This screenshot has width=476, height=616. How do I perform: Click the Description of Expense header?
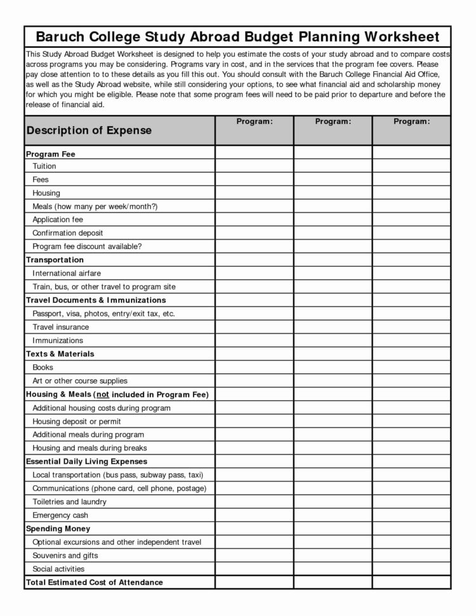(x=89, y=130)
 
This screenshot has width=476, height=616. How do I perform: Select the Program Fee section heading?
(x=51, y=154)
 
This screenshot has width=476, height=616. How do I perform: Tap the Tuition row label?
(x=44, y=166)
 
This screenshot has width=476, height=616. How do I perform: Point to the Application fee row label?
(x=58, y=220)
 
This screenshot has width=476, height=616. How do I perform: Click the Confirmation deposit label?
(x=68, y=233)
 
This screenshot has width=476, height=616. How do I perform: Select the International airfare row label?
(x=67, y=273)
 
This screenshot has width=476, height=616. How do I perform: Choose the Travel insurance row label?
(x=61, y=327)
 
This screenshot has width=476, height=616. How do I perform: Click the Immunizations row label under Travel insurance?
(x=58, y=340)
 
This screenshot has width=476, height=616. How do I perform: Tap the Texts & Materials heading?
(x=60, y=354)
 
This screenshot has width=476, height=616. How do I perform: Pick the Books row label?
(x=43, y=367)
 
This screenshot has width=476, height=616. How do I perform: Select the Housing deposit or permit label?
(x=77, y=421)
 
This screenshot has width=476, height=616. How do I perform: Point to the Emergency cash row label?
(x=60, y=515)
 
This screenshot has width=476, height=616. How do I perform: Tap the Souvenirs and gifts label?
(x=65, y=556)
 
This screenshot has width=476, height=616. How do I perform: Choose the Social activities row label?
(x=58, y=569)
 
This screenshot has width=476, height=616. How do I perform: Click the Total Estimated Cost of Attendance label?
(x=95, y=582)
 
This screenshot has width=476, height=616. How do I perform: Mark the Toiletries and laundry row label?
(x=70, y=502)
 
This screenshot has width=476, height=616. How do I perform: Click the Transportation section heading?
(x=55, y=260)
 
